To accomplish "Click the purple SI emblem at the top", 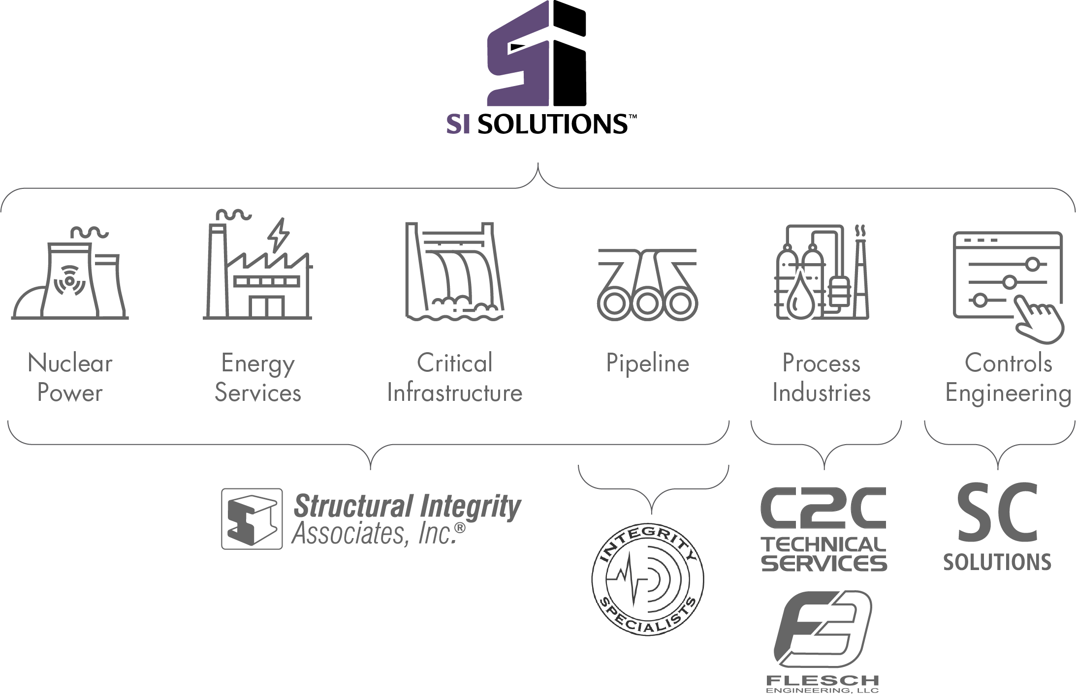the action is tap(537, 53).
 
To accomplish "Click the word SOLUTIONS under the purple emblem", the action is tap(553, 124).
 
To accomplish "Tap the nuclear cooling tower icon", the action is tap(70, 273).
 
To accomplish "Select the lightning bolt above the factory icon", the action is tap(279, 235).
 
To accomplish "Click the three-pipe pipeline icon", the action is tap(647, 285).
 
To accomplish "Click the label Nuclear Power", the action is tap(70, 378).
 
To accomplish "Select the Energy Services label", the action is tap(258, 378).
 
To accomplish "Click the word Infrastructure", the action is tap(454, 392).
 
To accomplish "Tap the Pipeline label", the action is tap(647, 364).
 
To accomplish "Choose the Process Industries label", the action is tap(821, 378).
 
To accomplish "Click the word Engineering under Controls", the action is tap(1008, 393).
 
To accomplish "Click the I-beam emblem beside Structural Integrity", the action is tap(252, 518).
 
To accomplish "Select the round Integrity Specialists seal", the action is tap(647, 579).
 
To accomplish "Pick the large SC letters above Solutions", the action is tap(997, 513).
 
